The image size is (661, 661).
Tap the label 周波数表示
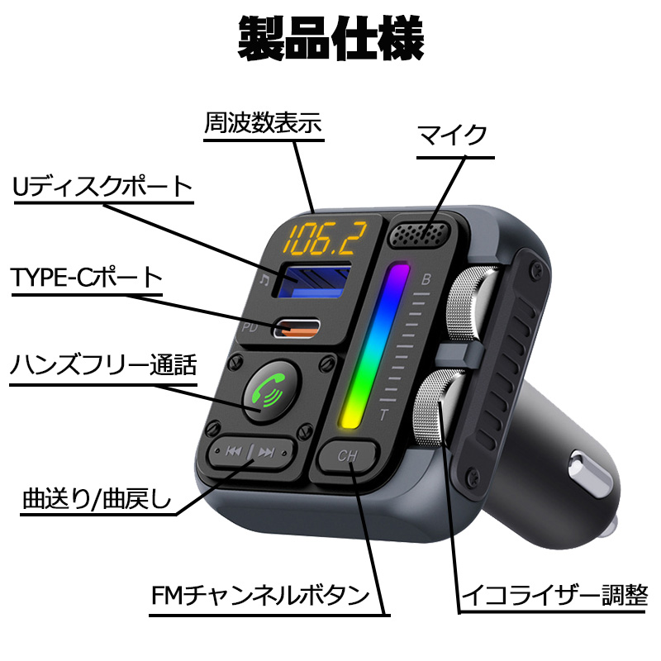[x=263, y=124]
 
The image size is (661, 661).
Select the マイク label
[x=452, y=135]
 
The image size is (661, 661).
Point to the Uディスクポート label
[x=102, y=188]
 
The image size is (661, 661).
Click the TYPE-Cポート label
[x=87, y=277]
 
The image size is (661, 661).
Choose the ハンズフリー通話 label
[x=103, y=364]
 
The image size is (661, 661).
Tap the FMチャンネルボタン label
[x=259, y=595]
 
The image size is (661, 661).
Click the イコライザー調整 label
[x=554, y=595]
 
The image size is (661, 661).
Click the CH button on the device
[x=350, y=455]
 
